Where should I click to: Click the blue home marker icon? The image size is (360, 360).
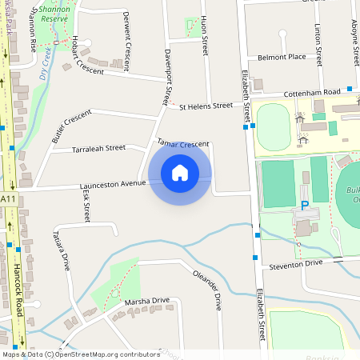coord(179,172)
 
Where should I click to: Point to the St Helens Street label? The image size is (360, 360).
coord(206,106)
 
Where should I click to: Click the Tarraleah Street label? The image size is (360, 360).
coord(99,148)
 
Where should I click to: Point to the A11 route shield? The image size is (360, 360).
coord(8,198)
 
